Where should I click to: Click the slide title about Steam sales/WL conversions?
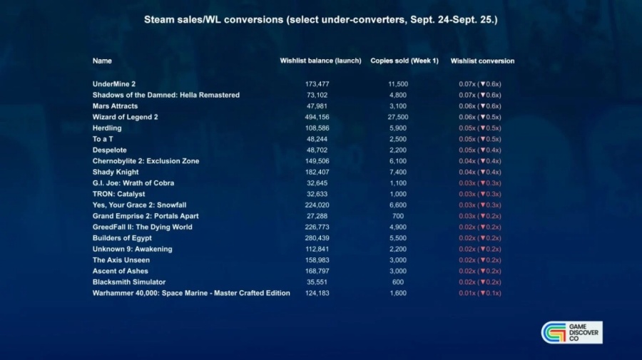[320, 19]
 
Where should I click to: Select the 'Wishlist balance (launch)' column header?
[320, 61]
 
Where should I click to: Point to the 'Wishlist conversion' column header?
[482, 61]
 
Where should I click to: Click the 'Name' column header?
[102, 61]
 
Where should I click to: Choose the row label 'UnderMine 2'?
[114, 84]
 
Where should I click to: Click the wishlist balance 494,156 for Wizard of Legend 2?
[317, 117]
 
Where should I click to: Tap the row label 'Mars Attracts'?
[115, 106]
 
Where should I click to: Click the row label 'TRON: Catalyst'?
[118, 194]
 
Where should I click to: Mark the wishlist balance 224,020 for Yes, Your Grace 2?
[317, 205]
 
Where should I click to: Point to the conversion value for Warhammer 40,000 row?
[479, 293]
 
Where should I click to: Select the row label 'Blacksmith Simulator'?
[129, 282]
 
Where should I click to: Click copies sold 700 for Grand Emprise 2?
[397, 216]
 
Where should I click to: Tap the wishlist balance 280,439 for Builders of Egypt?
[317, 238]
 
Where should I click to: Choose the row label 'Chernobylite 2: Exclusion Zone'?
[146, 161]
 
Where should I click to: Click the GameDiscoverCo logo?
[572, 332]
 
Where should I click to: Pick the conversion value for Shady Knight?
[479, 172]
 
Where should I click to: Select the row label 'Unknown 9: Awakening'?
[132, 250]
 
